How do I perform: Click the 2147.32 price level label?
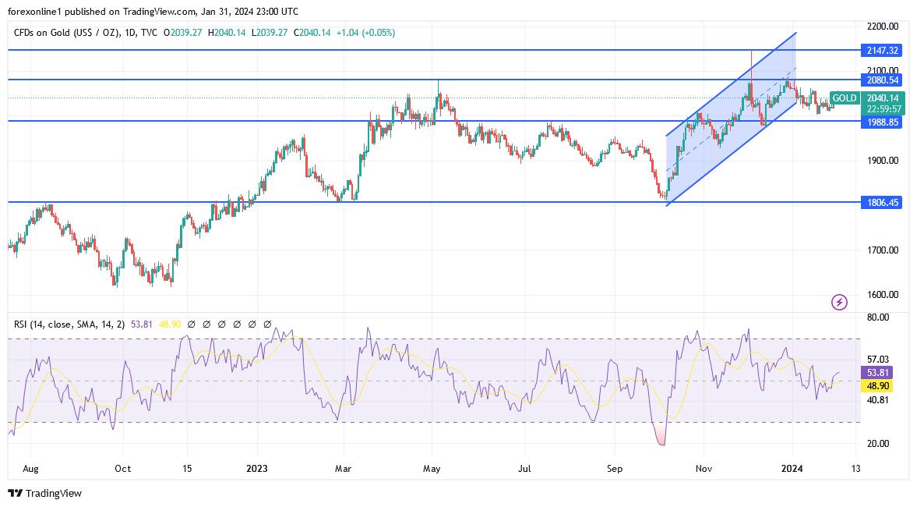point(883,50)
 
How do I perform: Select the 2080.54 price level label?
point(883,80)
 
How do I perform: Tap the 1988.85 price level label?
point(883,122)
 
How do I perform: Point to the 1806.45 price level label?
point(883,202)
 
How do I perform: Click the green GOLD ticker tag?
point(845,98)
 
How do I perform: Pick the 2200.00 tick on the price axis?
point(883,27)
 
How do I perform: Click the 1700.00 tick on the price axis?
point(883,250)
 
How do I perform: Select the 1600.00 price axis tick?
point(883,295)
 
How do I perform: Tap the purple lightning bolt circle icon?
point(839,302)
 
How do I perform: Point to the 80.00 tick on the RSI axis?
point(878,318)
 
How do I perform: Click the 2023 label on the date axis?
point(256,469)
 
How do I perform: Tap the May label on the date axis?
point(432,469)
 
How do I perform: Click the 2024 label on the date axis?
point(792,469)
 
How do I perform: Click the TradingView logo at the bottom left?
point(44,493)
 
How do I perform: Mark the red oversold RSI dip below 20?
point(661,438)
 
